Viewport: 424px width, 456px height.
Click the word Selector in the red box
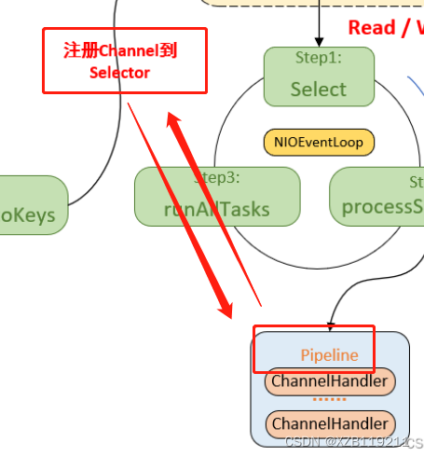pos(119,73)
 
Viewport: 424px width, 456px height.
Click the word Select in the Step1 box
pos(319,90)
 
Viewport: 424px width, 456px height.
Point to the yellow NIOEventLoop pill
pos(319,143)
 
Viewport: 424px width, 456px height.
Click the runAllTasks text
pos(216,208)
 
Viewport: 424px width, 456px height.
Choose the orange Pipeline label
pos(329,355)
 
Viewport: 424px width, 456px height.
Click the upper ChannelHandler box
pos(330,381)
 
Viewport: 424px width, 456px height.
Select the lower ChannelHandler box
pos(330,424)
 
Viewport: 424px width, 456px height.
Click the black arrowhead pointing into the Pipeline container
pos(331,325)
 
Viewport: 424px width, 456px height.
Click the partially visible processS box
pos(377,196)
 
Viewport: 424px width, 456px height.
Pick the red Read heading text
pos(372,27)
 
